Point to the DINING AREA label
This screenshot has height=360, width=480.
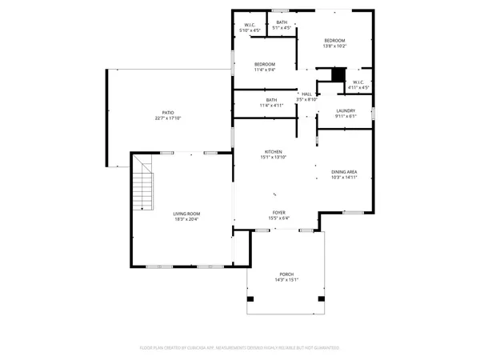[344, 172]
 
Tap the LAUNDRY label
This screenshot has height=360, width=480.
[346, 110]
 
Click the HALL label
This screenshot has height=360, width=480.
[306, 94]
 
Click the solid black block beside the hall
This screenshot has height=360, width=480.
[338, 74]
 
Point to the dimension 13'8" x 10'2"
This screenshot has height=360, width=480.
[334, 46]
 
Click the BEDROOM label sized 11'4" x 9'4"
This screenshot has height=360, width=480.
[265, 64]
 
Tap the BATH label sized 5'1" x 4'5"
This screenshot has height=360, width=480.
[282, 22]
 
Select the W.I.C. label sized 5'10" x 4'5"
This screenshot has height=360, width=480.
[249, 25]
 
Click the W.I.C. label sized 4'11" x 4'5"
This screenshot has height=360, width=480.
[358, 82]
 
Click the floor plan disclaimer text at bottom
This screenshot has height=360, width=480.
[240, 348]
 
